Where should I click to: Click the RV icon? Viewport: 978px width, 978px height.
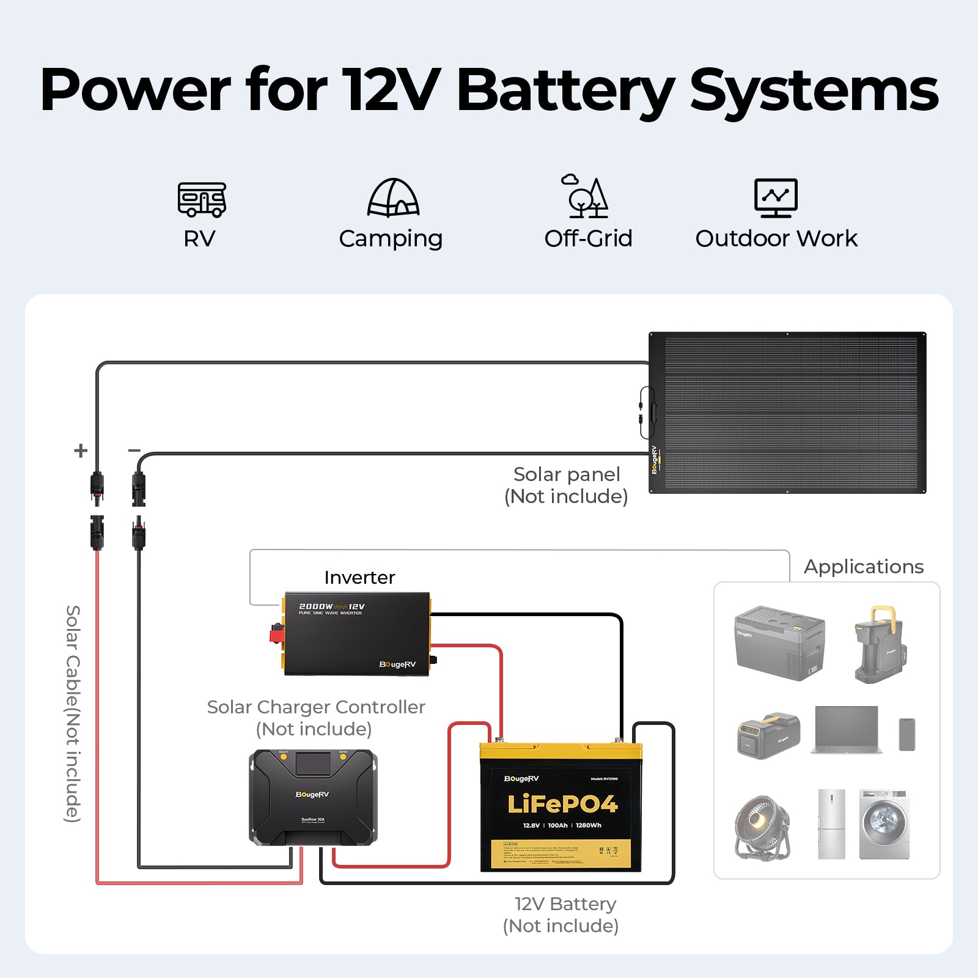202,199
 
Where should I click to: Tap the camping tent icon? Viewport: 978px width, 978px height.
393,198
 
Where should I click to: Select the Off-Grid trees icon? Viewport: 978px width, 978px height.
586,197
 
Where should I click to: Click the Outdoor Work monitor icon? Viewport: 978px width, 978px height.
776,197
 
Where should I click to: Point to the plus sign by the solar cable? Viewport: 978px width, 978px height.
81,451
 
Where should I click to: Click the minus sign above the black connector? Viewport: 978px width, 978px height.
134,450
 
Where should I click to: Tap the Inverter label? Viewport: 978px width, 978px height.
359,578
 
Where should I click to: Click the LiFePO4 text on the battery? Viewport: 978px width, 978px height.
562,804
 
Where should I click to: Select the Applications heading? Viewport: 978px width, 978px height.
863,567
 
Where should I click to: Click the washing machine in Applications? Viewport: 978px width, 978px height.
884,824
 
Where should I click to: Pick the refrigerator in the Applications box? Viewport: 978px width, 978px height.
831,824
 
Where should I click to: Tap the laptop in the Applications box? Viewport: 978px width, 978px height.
847,730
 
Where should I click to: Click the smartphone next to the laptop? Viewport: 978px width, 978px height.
907,734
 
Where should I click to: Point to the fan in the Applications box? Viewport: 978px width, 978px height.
762,826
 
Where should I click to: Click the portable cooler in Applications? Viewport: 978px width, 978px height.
779,643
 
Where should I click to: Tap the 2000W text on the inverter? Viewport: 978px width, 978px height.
315,606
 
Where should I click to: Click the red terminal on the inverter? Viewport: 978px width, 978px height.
277,633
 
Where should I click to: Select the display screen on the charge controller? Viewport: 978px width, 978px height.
312,763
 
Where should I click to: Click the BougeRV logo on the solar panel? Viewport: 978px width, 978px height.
654,460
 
